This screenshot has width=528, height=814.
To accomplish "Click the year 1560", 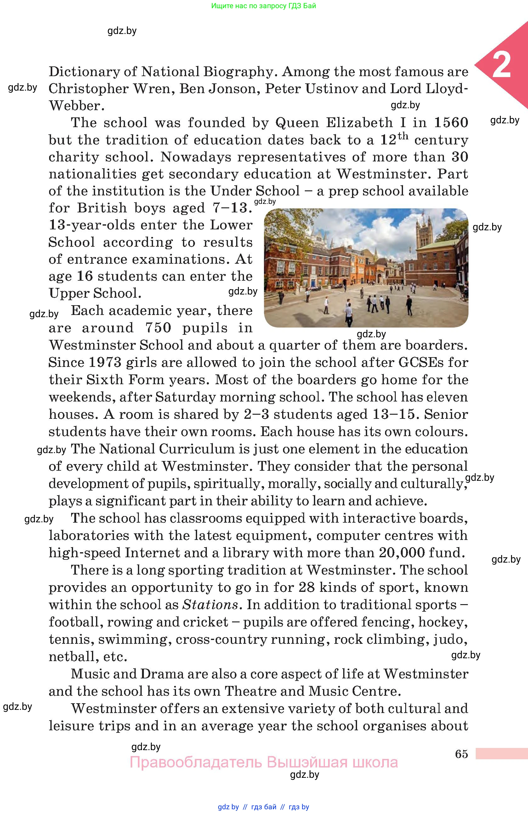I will (451, 122).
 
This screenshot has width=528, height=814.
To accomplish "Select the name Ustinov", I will (331, 89).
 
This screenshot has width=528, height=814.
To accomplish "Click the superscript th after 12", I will (403, 136).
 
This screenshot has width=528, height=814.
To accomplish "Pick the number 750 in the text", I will (158, 328).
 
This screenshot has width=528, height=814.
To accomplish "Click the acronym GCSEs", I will (426, 362).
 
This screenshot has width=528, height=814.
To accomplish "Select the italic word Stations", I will (210, 605).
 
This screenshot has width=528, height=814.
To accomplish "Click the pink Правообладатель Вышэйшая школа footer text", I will (264, 762).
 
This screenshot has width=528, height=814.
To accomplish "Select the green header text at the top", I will (264, 6).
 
